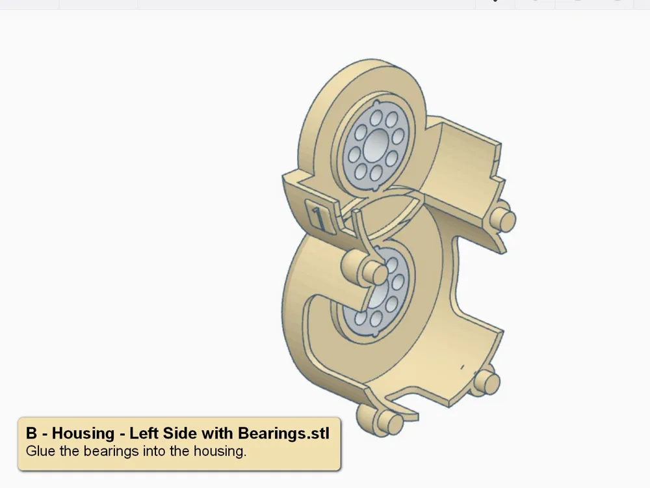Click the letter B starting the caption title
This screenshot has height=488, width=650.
(x=32, y=433)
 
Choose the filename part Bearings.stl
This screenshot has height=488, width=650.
(x=283, y=433)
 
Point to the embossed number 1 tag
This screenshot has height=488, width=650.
(x=318, y=217)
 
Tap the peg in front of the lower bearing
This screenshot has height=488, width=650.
(x=368, y=269)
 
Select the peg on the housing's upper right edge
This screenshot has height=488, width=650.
(x=504, y=220)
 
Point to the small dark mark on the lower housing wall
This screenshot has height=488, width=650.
(x=462, y=366)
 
